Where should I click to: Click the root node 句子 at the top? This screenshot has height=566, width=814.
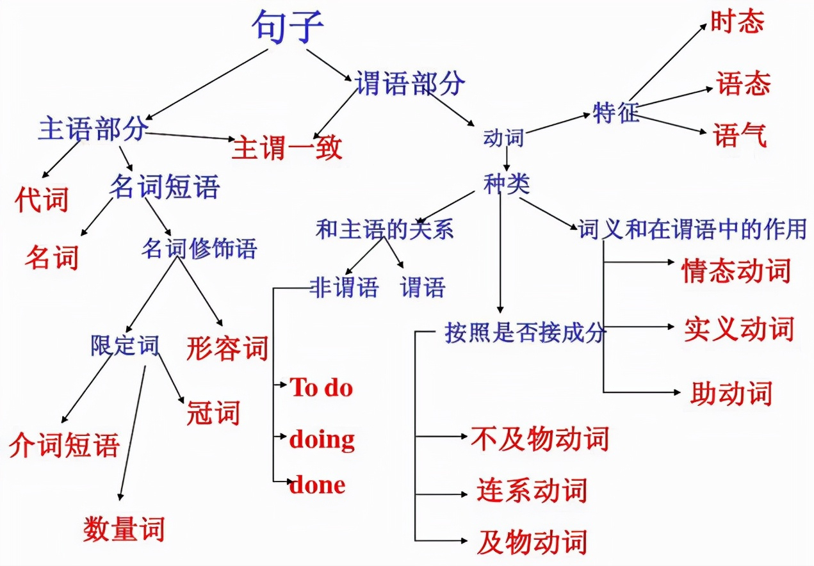[x=288, y=28]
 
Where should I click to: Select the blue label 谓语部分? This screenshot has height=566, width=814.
[x=411, y=84]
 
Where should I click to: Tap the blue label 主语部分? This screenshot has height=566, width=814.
[x=94, y=129]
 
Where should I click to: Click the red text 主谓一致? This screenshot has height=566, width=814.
[x=287, y=148]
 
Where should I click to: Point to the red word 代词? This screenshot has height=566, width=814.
[x=42, y=200]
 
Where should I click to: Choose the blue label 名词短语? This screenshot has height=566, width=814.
[x=165, y=188]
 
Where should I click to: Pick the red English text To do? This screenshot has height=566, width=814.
[x=322, y=387]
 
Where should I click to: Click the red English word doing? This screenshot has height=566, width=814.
[x=322, y=439]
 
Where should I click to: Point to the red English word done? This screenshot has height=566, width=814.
[x=318, y=484]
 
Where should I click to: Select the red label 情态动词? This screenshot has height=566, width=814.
[x=736, y=271]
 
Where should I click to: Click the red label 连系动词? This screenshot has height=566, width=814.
[x=532, y=491]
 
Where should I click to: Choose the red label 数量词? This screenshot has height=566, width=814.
[x=124, y=530]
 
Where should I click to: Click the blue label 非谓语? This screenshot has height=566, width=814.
[x=344, y=287]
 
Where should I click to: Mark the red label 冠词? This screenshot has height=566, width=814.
[x=213, y=413]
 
